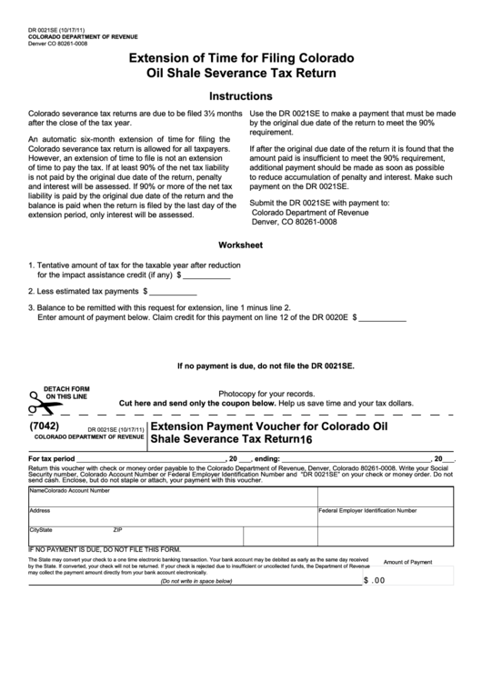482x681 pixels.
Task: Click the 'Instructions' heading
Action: tap(241, 95)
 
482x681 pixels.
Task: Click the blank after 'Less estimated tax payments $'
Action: tap(173, 292)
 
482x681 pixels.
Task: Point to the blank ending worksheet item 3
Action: tap(384, 319)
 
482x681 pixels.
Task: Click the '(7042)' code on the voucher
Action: tap(45, 425)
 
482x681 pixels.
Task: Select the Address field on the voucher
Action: tap(173, 516)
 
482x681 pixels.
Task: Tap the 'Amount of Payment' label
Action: tap(407, 562)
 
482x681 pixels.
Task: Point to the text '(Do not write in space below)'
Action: tap(197, 581)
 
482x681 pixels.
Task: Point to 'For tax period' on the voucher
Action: tap(52, 458)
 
